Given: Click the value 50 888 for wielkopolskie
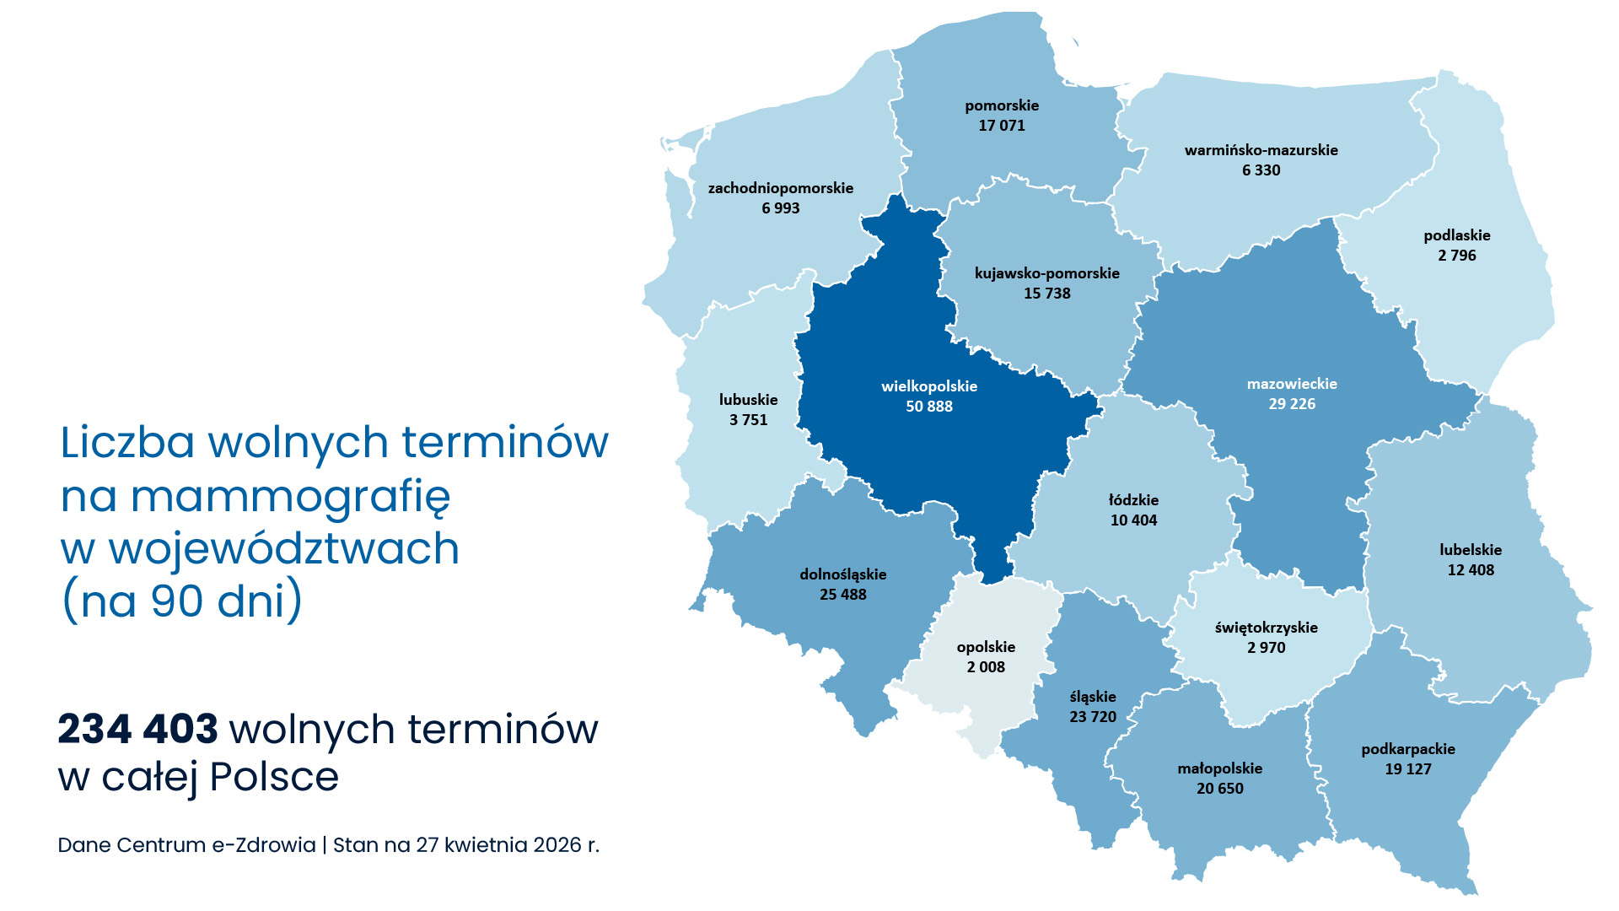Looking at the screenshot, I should pyautogui.click(x=929, y=407).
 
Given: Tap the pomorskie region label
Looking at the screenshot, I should pyautogui.click(x=1002, y=105).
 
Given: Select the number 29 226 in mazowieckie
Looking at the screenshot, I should pyautogui.click(x=1292, y=404).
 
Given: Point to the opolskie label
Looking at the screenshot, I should pyautogui.click(x=986, y=647).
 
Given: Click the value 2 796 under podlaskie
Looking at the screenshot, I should pyautogui.click(x=1457, y=256).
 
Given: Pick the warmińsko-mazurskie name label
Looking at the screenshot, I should pyautogui.click(x=1261, y=150).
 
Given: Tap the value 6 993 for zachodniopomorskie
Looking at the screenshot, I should pyautogui.click(x=780, y=208).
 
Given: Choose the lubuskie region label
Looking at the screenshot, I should pyautogui.click(x=748, y=400).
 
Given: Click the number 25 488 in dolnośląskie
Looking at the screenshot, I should pyautogui.click(x=843, y=595).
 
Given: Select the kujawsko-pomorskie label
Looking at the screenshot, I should pyautogui.click(x=1046, y=273).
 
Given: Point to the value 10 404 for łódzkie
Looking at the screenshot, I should pyautogui.click(x=1133, y=520).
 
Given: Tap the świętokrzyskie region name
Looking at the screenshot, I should pyautogui.click(x=1266, y=628).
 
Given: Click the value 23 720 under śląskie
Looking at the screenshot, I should pyautogui.click(x=1093, y=717).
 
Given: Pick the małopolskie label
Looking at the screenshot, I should pyautogui.click(x=1219, y=768).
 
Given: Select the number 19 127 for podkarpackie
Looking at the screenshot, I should pyautogui.click(x=1408, y=769).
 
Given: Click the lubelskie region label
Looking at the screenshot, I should pyautogui.click(x=1471, y=550).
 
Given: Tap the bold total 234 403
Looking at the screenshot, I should pyautogui.click(x=137, y=729).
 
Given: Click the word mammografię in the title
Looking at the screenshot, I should pyautogui.click(x=291, y=497).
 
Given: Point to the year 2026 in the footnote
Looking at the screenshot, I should pyautogui.click(x=557, y=845).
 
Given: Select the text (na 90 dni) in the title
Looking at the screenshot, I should pyautogui.click(x=182, y=601).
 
